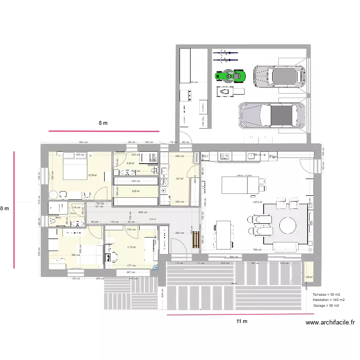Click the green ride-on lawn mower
pyautogui.click(x=230, y=76)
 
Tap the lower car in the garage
pyautogui.click(x=272, y=116)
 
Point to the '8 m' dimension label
pyautogui.click(x=103, y=123)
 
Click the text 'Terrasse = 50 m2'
pyautogui.click(x=326, y=294)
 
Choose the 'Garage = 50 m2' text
pyautogui.click(x=326, y=305)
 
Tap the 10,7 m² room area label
pyautogui.click(x=180, y=179)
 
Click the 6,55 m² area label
pyautogui.click(x=136, y=191)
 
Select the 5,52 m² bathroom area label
pyautogui.click(x=130, y=163)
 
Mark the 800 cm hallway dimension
pyautogui.click(x=143, y=212)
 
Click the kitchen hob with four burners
pyautogui.click(x=225, y=156)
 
